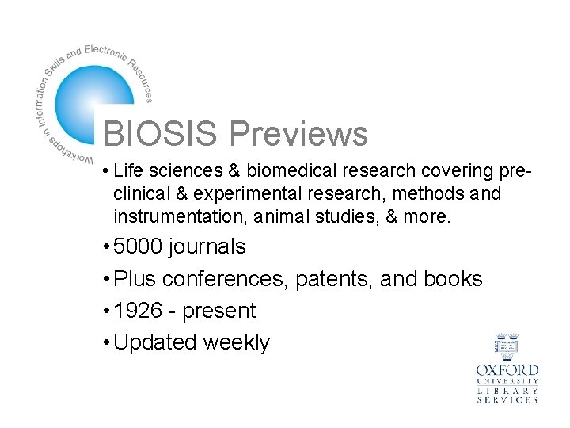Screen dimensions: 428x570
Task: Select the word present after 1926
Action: (x=219, y=311)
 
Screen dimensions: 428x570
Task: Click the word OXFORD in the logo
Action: (x=507, y=371)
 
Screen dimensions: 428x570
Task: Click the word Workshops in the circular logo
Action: (x=68, y=150)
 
